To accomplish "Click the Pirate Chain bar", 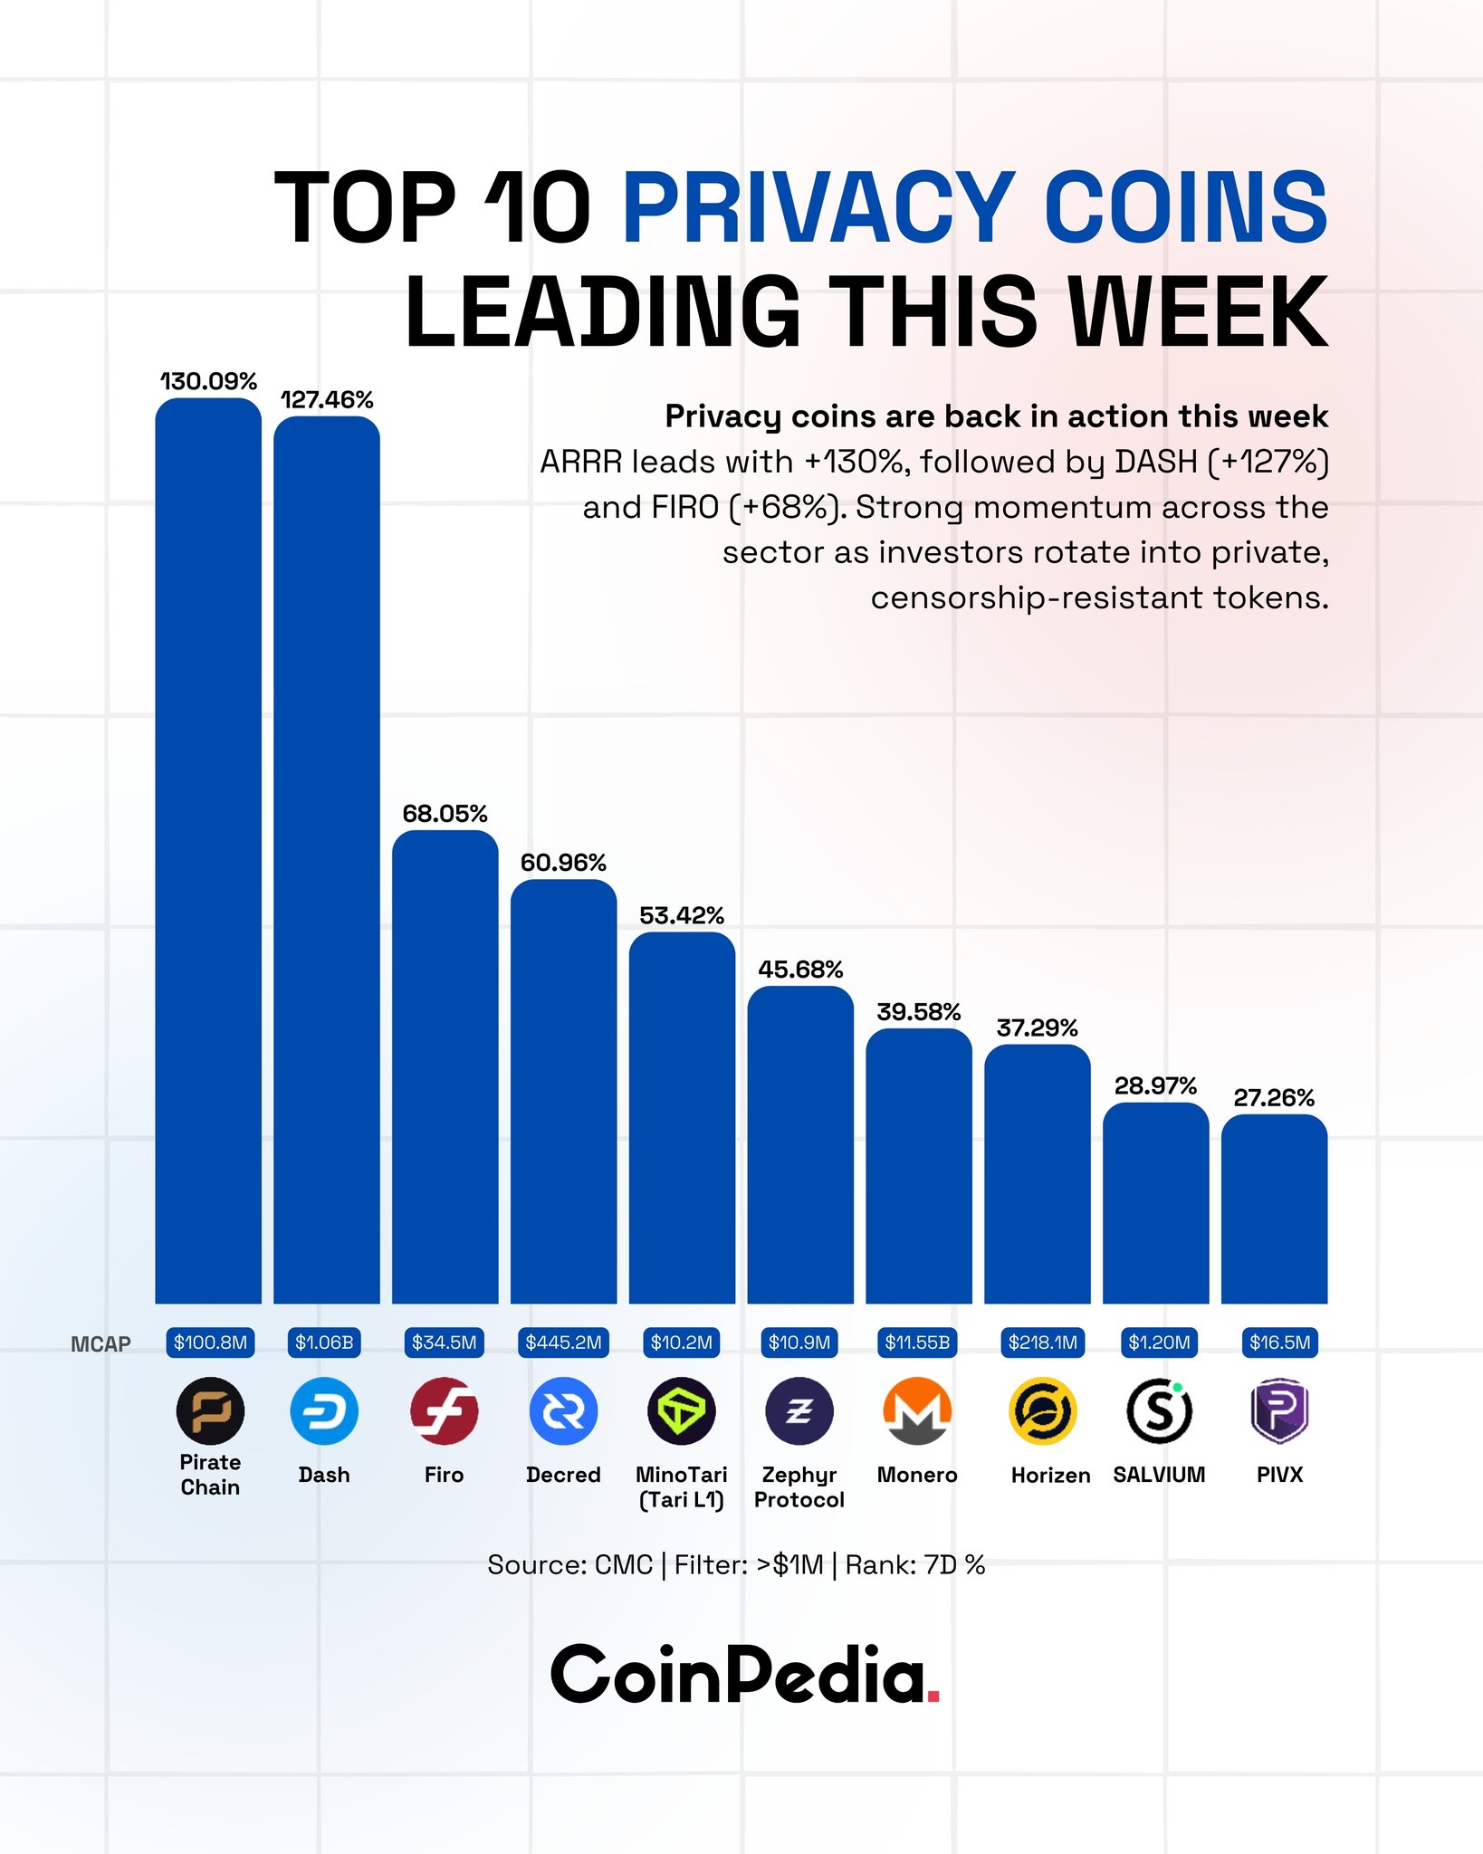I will click(208, 851).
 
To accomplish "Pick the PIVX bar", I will click(1274, 1209).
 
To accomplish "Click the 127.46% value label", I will click(327, 399).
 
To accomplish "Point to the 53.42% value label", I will click(682, 915).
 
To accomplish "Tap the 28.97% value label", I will click(1155, 1085).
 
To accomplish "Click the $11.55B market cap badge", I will click(917, 1342).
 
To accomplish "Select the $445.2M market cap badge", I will click(563, 1342).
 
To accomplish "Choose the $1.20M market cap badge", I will click(1159, 1342).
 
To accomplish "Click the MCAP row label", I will click(100, 1344).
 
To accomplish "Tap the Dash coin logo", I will click(324, 1410).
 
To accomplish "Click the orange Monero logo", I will click(917, 1410).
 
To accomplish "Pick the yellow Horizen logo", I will click(1042, 1410).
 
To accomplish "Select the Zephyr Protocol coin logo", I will click(799, 1410).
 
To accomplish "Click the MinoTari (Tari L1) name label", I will click(682, 1487).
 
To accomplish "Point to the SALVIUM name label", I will click(1159, 1475).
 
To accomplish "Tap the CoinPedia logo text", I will click(744, 1675).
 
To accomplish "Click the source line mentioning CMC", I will click(736, 1564).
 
